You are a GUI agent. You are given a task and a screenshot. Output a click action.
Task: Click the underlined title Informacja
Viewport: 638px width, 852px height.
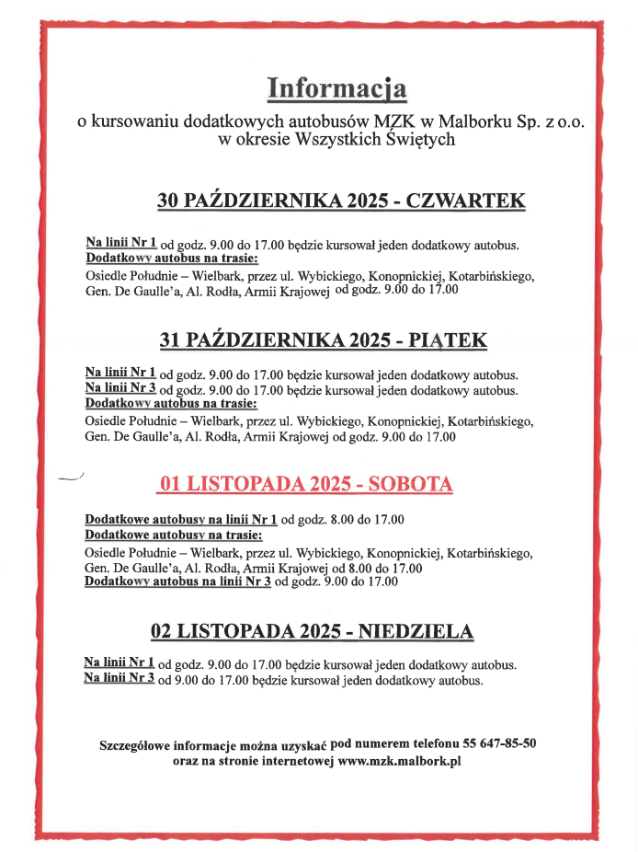coord(336,88)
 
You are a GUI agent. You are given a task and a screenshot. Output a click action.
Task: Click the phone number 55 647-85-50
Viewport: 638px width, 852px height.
coord(492,743)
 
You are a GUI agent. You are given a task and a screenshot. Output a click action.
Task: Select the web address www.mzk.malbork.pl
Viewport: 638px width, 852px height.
coord(399,762)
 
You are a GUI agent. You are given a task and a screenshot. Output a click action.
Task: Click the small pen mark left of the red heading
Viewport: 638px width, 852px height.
coord(70,478)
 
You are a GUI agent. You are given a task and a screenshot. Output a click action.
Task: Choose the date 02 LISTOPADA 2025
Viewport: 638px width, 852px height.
coord(245,631)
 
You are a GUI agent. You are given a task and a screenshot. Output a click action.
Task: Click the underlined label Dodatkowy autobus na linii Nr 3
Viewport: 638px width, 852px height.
coord(177,581)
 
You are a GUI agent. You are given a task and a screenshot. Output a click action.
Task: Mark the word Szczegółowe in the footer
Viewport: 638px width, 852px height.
coord(136,744)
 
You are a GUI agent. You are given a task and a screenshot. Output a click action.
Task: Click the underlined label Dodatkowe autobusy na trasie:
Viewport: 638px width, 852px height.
coord(173,535)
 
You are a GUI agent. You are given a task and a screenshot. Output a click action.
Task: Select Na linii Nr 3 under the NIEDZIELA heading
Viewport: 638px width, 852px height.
coord(119,678)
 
